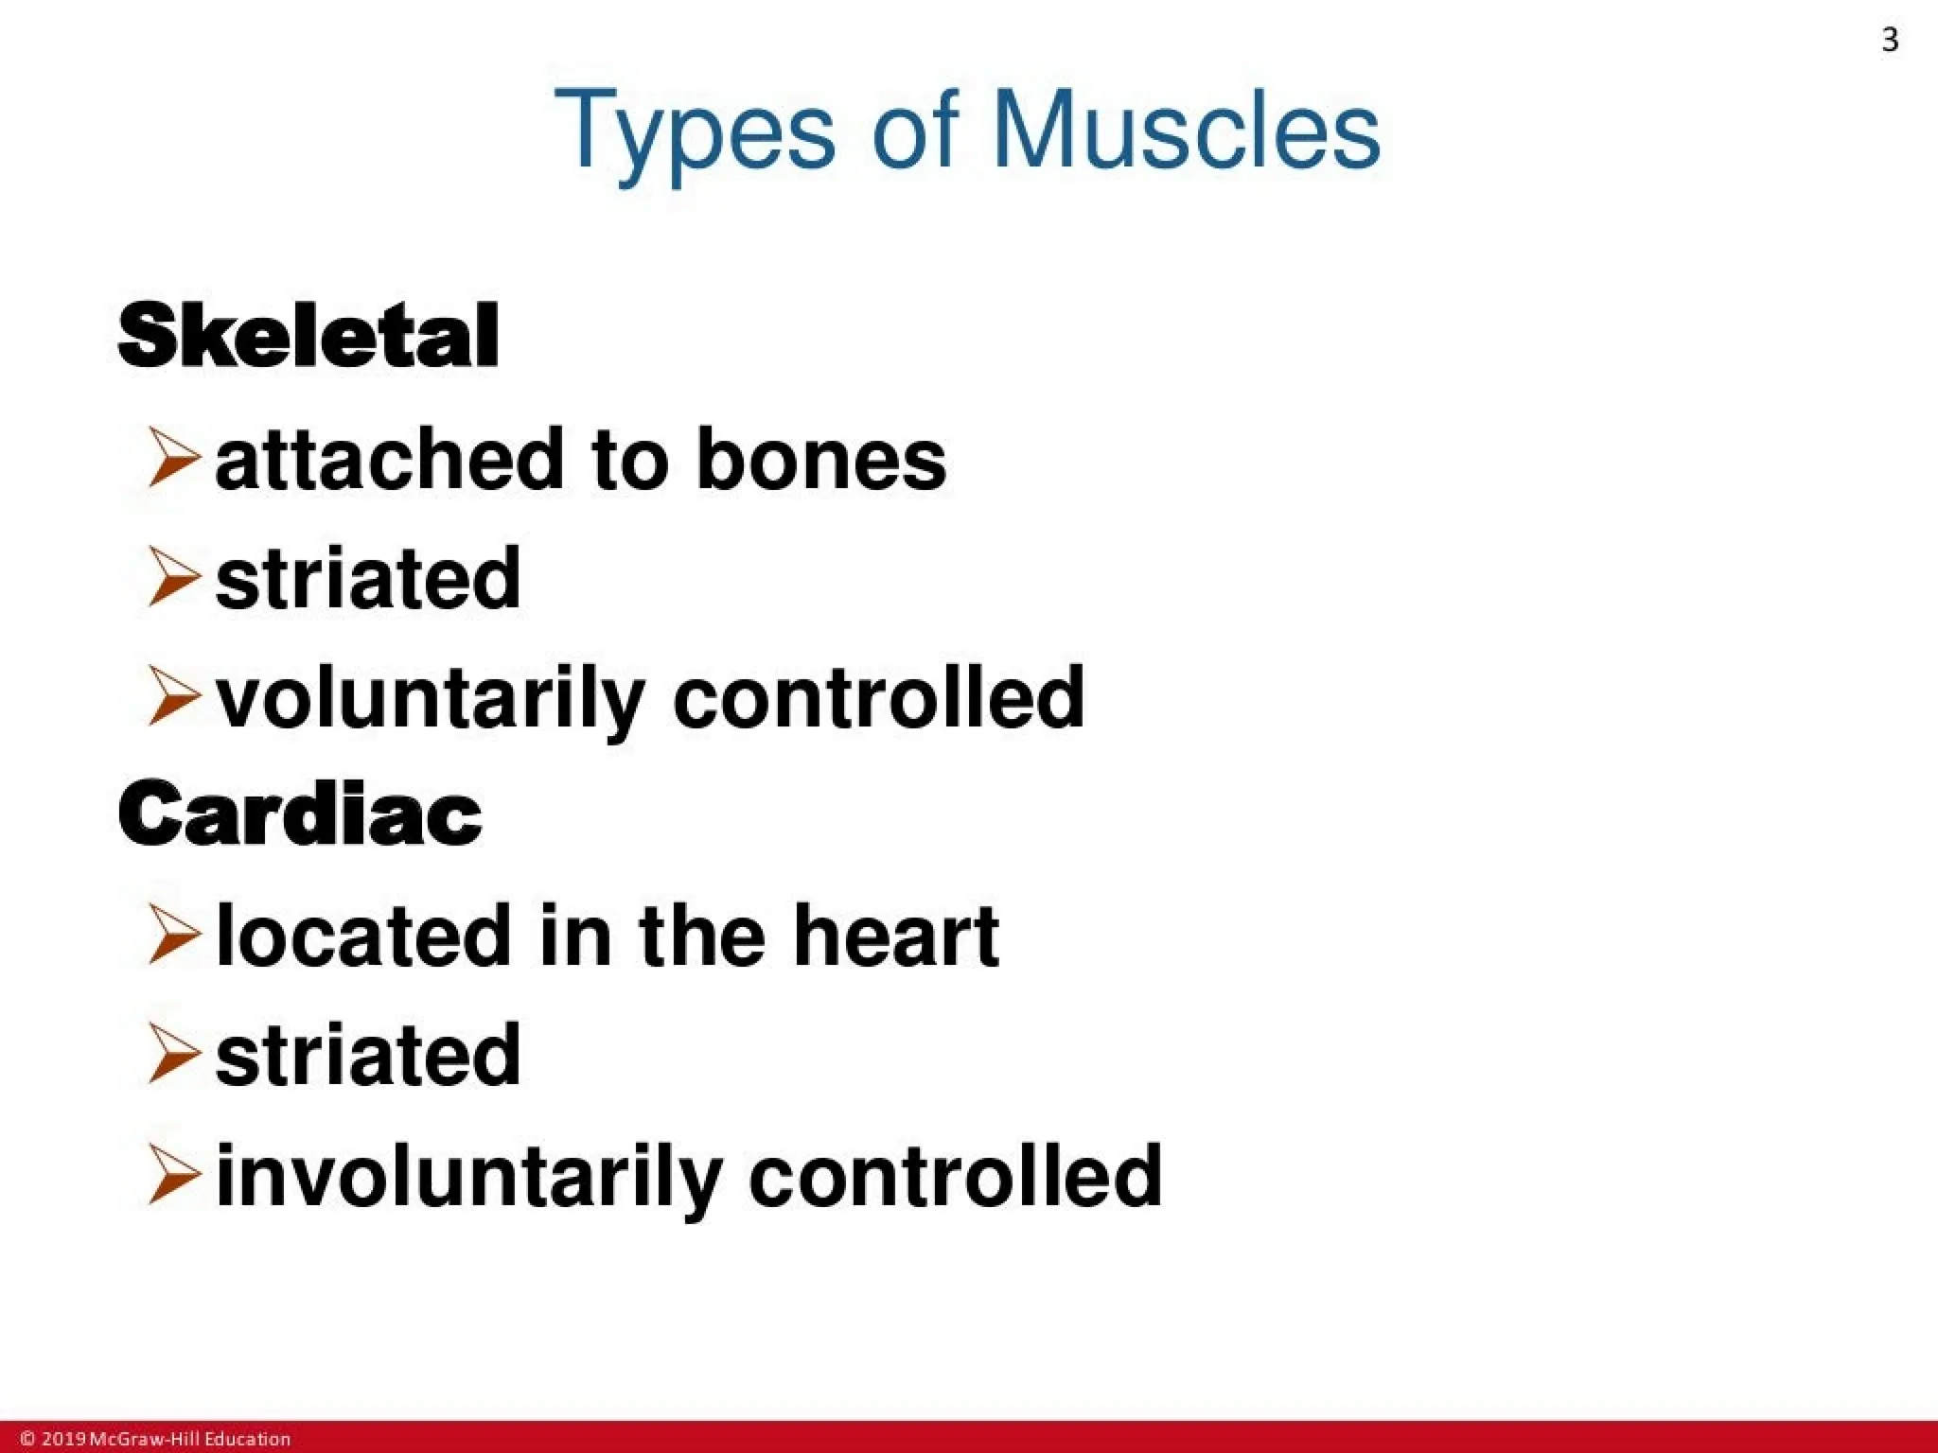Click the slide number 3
[1889, 40]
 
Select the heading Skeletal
[308, 336]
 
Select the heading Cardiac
[300, 814]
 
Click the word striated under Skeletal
[368, 578]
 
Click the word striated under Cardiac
[368, 1055]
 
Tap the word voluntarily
[431, 700]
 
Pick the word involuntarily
[469, 1178]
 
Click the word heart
[896, 936]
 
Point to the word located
[364, 936]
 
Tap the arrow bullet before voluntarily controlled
[173, 696]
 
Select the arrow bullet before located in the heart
[173, 935]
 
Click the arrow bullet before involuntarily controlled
[173, 1174]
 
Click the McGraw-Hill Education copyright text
[156, 1439]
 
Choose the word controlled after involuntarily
[955, 1176]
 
